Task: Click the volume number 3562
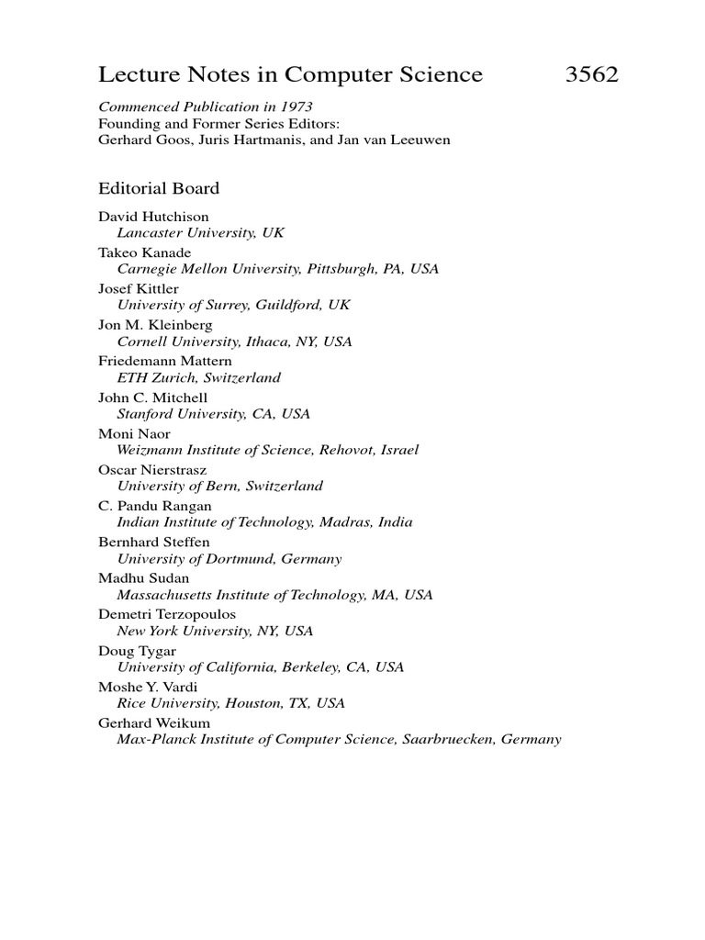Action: click(592, 75)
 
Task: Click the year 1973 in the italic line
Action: click(296, 107)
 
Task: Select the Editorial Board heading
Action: click(159, 189)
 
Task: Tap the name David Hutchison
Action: click(153, 217)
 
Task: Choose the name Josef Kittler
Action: click(139, 289)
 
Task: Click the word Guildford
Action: click(294, 305)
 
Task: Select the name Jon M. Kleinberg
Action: click(155, 325)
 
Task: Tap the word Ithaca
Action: click(263, 341)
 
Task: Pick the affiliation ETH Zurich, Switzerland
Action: click(198, 377)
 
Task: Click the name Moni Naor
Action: click(134, 433)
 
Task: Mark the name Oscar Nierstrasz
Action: click(148, 470)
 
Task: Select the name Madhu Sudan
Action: click(143, 578)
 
